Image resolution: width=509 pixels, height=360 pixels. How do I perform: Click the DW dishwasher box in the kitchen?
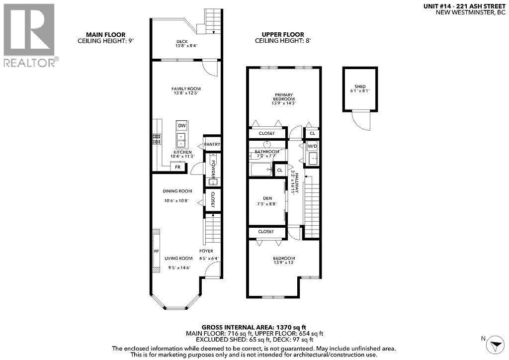click(181, 126)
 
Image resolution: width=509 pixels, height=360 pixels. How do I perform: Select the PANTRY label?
click(212, 145)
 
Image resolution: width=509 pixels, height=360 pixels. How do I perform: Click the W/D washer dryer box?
click(312, 147)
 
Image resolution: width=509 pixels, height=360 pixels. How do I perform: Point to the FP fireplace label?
click(156, 251)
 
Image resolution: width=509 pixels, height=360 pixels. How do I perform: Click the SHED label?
click(360, 88)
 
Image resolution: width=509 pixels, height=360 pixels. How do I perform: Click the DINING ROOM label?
click(177, 191)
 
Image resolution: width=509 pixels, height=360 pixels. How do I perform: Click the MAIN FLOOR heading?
click(105, 34)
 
